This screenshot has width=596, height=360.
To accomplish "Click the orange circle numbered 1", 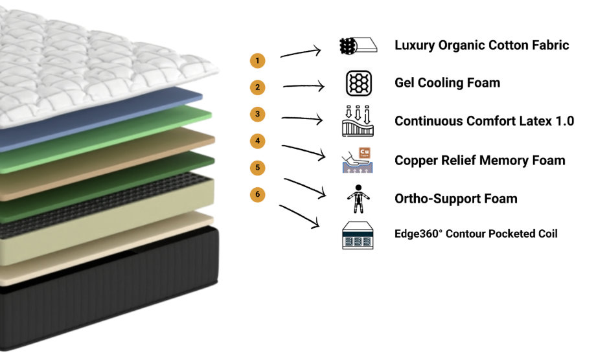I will (x=258, y=61).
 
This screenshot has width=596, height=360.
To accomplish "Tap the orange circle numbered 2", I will (x=258, y=87).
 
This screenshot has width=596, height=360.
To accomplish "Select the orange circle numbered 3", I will (x=258, y=114).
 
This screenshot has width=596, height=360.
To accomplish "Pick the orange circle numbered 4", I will (x=258, y=141).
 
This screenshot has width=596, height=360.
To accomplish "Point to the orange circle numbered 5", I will (x=258, y=168).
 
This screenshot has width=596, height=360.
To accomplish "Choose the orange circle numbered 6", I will (x=258, y=194).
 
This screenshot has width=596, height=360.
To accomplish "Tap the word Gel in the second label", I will (x=406, y=83).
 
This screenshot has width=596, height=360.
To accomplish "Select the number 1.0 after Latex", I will (x=563, y=121).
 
